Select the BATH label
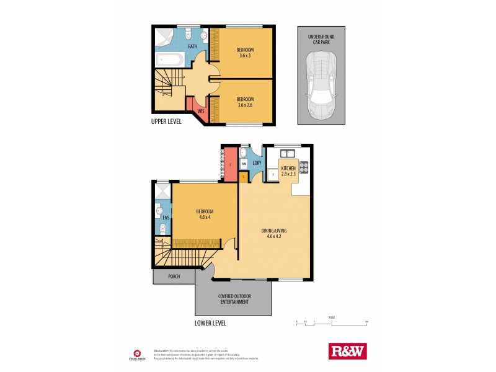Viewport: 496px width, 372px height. point(193,46)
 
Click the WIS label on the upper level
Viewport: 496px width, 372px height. point(201,112)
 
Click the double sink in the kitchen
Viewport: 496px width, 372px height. point(286,153)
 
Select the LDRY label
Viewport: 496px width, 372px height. point(255,164)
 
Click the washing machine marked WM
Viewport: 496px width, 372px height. point(244,164)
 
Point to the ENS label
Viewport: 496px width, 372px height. point(166,218)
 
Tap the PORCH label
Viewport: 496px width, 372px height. point(172,277)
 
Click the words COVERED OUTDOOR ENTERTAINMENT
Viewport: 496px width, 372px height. point(233,299)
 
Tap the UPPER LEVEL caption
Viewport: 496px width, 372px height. point(166,122)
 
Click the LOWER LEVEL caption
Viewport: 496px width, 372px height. point(210,323)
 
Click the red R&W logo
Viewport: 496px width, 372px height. point(347,351)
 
